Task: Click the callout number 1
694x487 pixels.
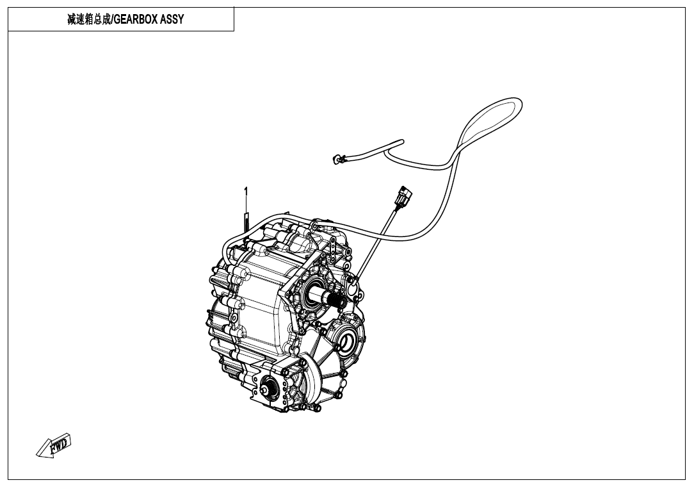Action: pos(246,192)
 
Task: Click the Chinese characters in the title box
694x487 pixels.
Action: pos(88,19)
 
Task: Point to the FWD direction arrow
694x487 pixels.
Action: pos(54,445)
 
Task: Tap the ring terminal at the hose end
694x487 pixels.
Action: pos(337,159)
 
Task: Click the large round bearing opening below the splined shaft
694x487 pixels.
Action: pos(348,341)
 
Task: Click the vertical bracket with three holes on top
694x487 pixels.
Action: pos(332,248)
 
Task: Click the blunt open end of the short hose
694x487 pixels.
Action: pos(401,142)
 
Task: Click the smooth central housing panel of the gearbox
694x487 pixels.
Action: pos(261,292)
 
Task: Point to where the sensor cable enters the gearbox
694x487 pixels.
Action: pos(354,281)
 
